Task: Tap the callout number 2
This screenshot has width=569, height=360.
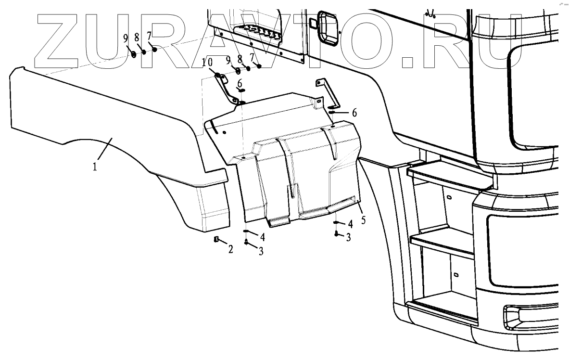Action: click(230, 249)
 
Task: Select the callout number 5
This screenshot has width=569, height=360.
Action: click(364, 220)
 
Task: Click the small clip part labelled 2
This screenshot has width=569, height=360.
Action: click(216, 239)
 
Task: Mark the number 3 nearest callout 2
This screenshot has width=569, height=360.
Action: click(261, 251)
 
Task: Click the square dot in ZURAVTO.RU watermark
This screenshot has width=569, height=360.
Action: click(410, 61)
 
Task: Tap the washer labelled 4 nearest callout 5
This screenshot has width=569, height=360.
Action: click(337, 222)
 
